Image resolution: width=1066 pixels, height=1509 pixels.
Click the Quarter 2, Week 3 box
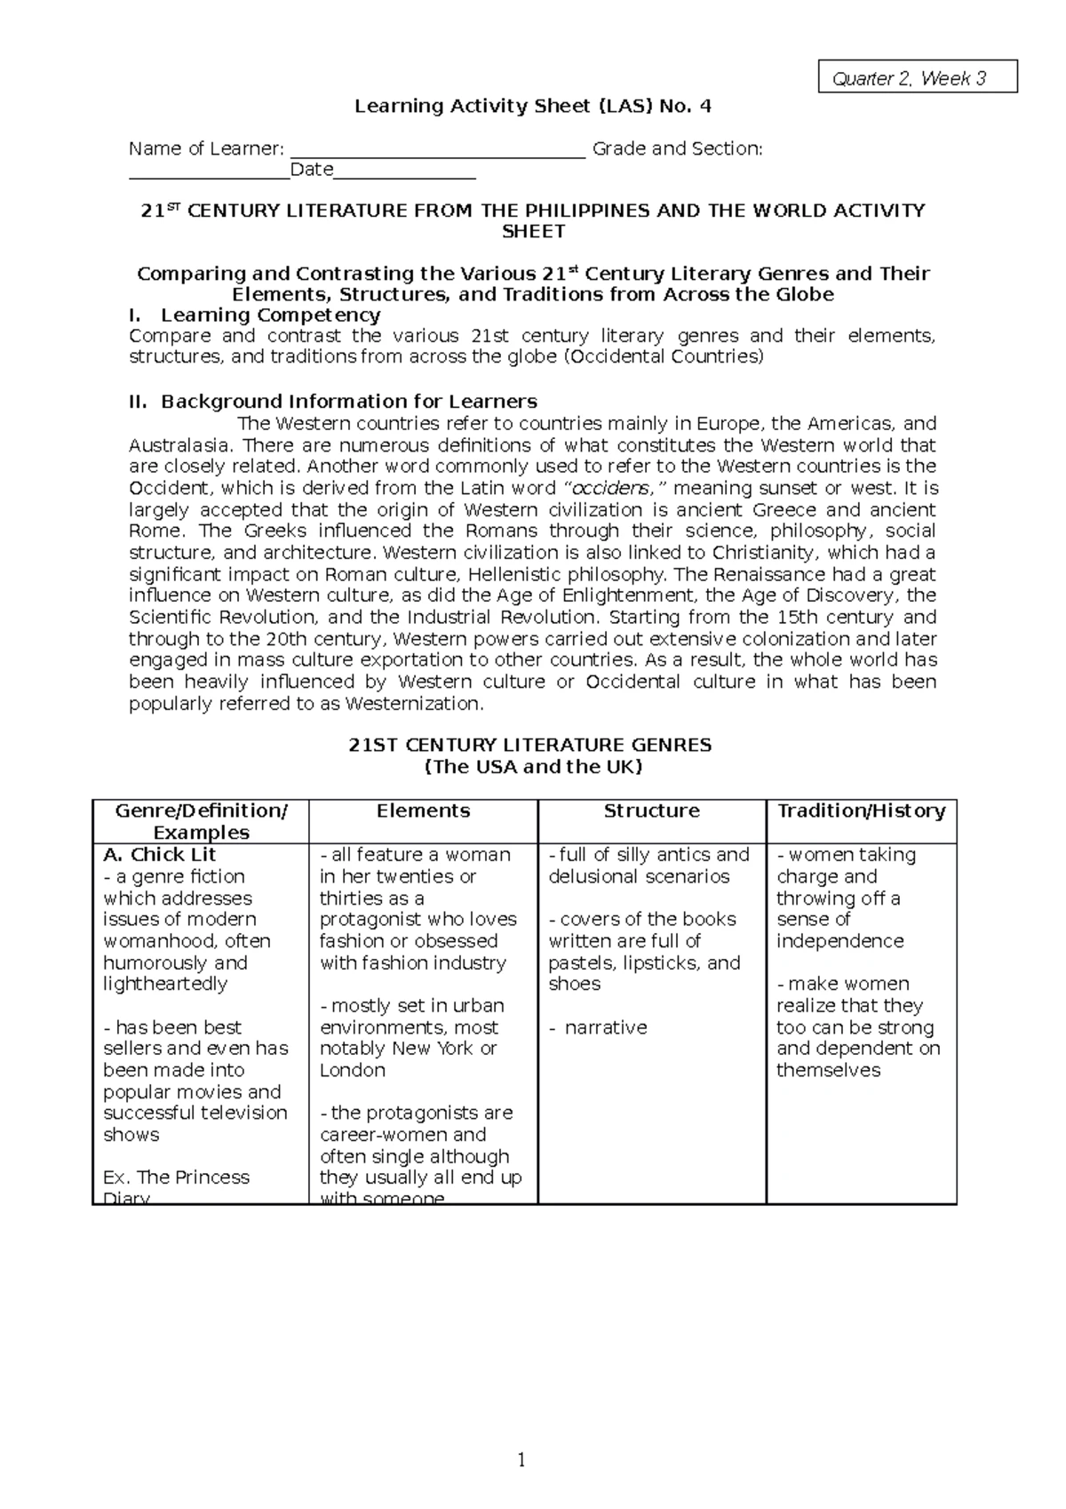pyautogui.click(x=917, y=78)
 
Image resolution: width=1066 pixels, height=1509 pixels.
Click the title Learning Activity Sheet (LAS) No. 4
pyautogui.click(x=533, y=107)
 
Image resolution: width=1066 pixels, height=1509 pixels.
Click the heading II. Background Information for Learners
pyautogui.click(x=333, y=402)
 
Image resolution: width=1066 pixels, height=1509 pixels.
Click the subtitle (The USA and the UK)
pyautogui.click(x=532, y=767)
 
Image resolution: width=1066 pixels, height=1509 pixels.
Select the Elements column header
pyautogui.click(x=423, y=810)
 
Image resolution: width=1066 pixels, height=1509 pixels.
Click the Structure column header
pyautogui.click(x=651, y=810)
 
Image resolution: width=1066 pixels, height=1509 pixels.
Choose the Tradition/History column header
pyautogui.click(x=861, y=810)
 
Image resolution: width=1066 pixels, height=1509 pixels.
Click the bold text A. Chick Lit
pyautogui.click(x=160, y=855)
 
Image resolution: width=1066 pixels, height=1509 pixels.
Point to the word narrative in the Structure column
pyautogui.click(x=606, y=1027)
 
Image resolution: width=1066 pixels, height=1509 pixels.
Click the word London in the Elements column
pyautogui.click(x=353, y=1070)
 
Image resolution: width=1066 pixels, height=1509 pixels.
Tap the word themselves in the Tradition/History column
pyautogui.click(x=828, y=1070)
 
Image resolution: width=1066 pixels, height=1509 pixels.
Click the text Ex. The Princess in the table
pyautogui.click(x=177, y=1178)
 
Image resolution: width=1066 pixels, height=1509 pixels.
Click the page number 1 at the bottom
pyautogui.click(x=521, y=1460)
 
